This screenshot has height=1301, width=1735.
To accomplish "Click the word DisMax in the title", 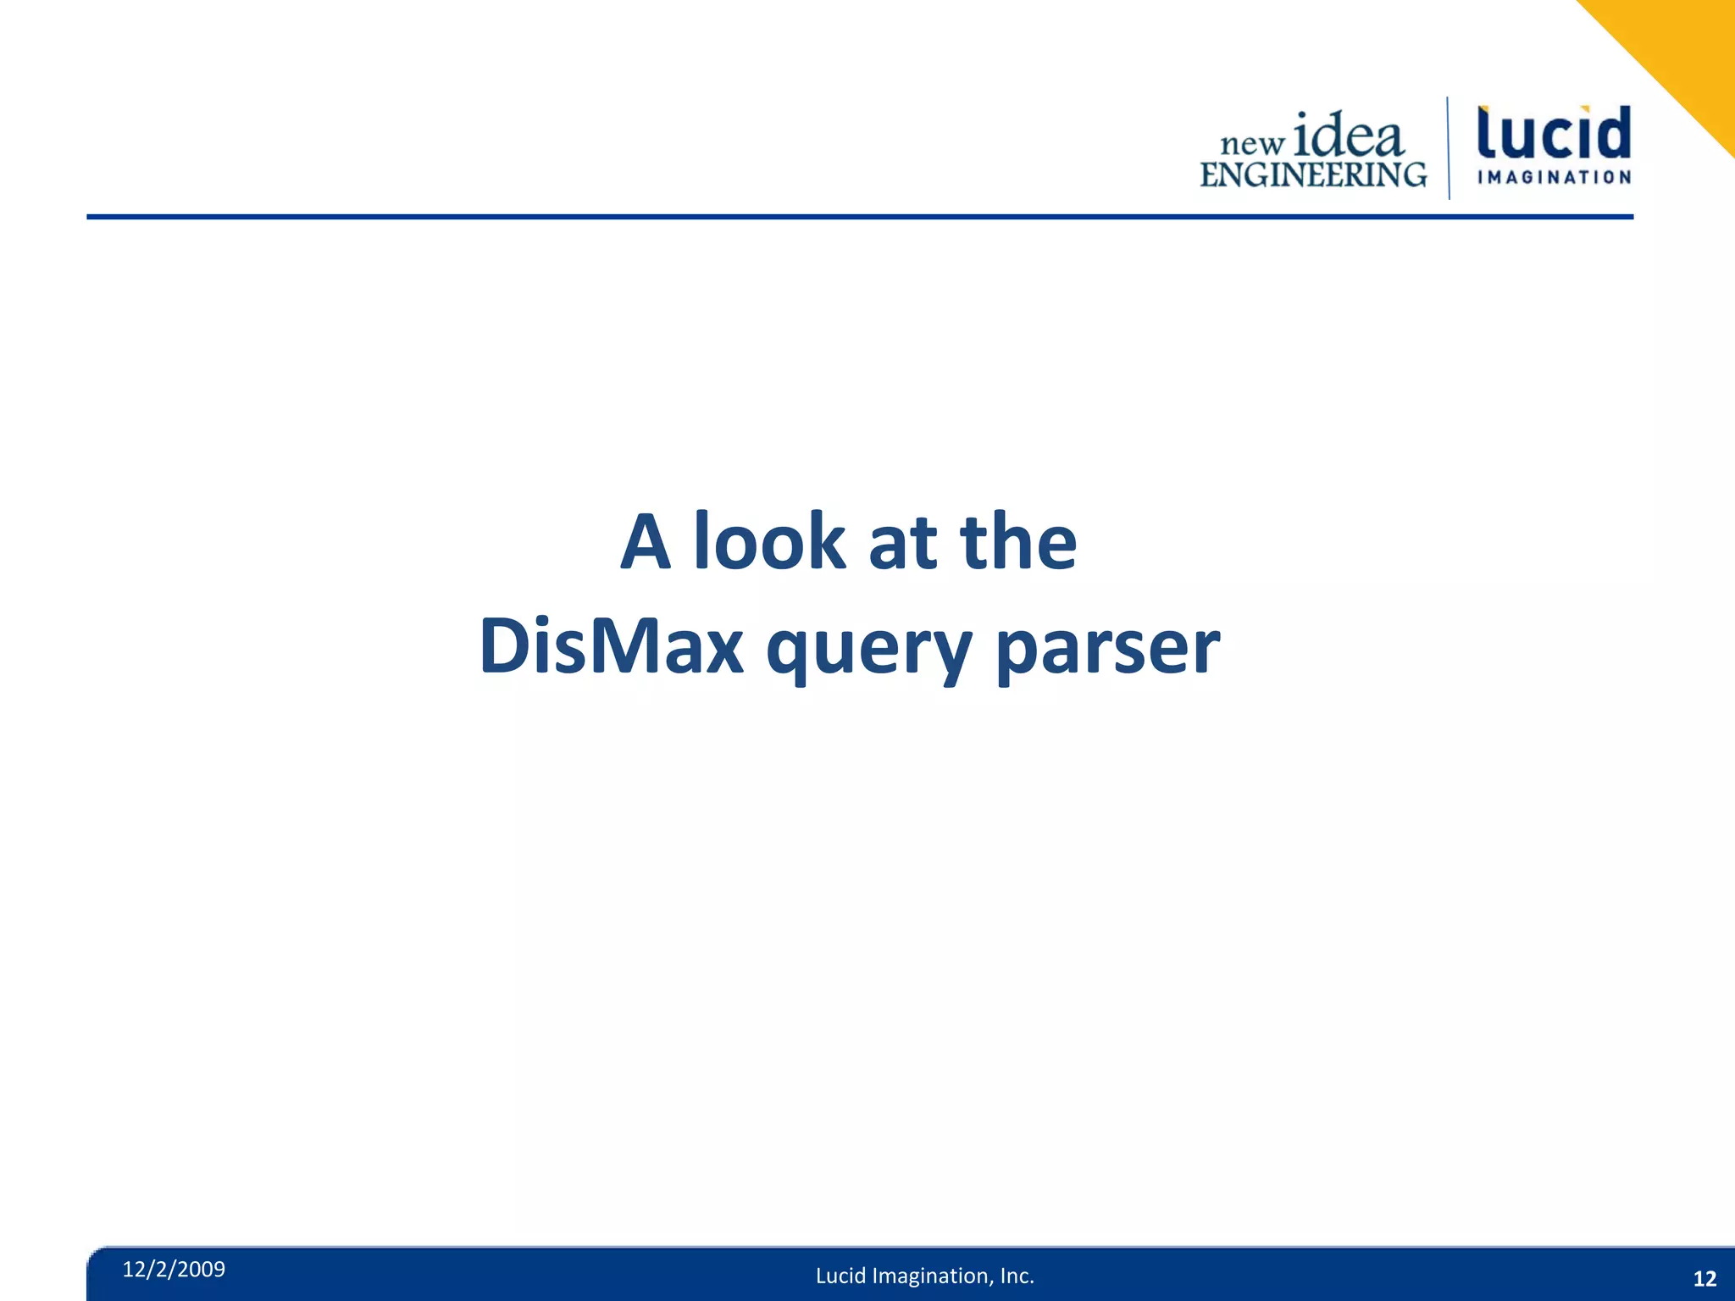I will [611, 646].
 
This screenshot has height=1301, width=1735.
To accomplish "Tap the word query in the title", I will [868, 650].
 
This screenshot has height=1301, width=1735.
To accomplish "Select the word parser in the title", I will [1107, 650].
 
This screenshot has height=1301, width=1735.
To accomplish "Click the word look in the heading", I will [769, 542].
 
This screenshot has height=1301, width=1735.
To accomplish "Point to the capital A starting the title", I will [646, 542].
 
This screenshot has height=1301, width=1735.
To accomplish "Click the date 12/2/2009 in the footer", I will [174, 1269].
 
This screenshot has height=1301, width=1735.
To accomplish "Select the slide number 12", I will [1704, 1279].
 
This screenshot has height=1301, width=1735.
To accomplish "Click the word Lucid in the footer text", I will [840, 1276].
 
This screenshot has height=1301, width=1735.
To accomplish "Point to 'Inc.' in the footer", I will [1017, 1276].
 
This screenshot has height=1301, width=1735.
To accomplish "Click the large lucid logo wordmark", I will [1554, 134].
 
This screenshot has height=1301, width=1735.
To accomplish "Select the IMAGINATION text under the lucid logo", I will [1554, 178].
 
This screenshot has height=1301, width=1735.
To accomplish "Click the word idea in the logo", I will [1349, 136].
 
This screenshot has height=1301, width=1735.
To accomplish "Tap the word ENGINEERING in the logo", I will [1312, 174].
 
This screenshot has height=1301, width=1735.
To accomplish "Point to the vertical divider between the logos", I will [1448, 148].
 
